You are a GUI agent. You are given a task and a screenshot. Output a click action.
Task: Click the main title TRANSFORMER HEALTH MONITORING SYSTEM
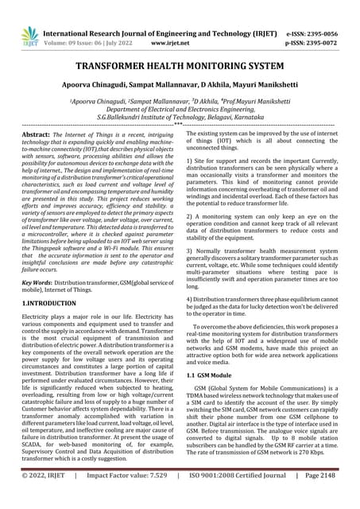(180, 68)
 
